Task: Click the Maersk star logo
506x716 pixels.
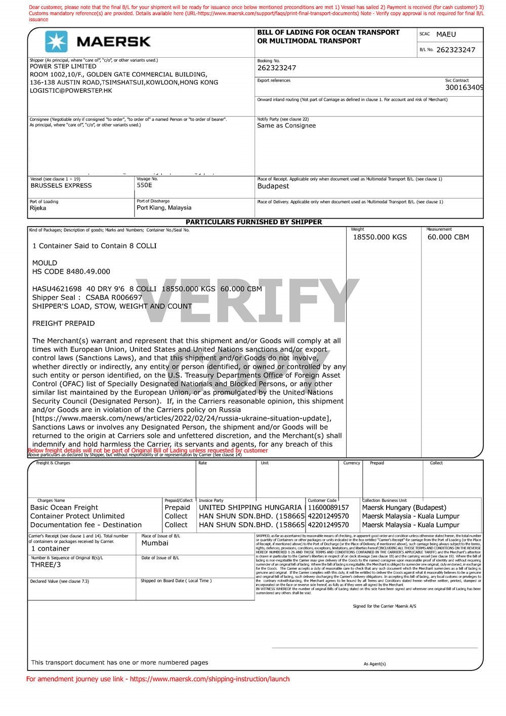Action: pyautogui.click(x=56, y=41)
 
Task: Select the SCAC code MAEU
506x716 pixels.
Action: pyautogui.click(x=446, y=34)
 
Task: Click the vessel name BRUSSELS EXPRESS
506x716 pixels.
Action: pyautogui.click(x=61, y=186)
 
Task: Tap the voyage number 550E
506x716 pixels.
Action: pyautogui.click(x=144, y=185)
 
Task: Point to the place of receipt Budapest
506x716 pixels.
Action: pyautogui.click(x=273, y=186)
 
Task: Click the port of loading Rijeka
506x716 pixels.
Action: pyautogui.click(x=38, y=208)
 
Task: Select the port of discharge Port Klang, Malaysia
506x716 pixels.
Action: pyautogui.click(x=164, y=207)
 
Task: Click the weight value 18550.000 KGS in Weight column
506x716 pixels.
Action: pyautogui.click(x=379, y=237)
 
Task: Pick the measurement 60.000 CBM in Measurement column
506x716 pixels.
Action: pyautogui.click(x=448, y=237)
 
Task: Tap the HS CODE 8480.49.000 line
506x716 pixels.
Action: pyautogui.click(x=71, y=272)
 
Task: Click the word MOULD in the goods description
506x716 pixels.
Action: pyautogui.click(x=45, y=263)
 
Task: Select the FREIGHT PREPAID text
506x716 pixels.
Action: pyautogui.click(x=63, y=323)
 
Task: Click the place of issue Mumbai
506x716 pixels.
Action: pyautogui.click(x=155, y=543)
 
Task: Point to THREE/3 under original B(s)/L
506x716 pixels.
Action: pyautogui.click(x=46, y=565)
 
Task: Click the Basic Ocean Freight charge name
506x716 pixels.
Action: pyautogui.click(x=64, y=508)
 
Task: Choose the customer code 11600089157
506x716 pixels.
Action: pyautogui.click(x=328, y=508)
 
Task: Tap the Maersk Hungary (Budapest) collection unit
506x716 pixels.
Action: pyautogui.click(x=404, y=508)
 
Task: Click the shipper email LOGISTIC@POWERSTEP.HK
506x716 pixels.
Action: pyautogui.click(x=71, y=91)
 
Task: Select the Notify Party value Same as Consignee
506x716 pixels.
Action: pyautogui.click(x=286, y=125)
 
